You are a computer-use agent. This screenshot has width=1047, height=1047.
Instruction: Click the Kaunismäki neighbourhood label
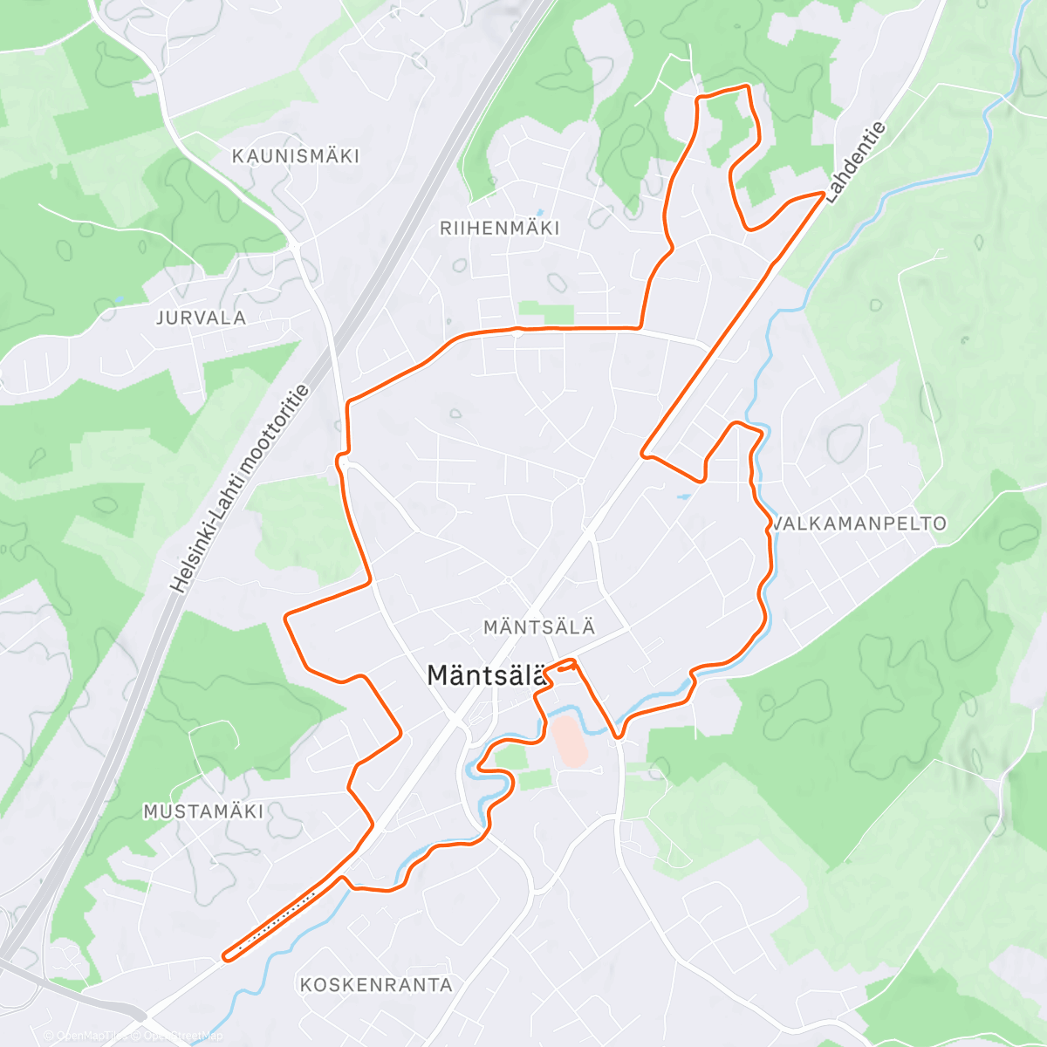point(295,156)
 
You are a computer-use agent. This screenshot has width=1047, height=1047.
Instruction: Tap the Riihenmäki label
point(500,229)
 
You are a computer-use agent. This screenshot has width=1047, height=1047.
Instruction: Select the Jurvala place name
point(201,318)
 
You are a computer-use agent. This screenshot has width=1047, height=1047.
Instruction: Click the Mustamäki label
point(203,811)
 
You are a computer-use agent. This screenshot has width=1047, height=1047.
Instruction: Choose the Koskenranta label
point(376,985)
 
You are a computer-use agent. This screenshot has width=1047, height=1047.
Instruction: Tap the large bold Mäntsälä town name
point(486,675)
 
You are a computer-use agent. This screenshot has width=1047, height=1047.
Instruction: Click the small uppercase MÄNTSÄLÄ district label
point(539,627)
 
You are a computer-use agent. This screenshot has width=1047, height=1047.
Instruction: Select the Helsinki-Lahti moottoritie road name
point(241,489)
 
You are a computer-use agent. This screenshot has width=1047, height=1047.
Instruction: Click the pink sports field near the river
point(571,741)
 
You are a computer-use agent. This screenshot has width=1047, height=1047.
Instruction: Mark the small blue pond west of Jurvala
point(118,299)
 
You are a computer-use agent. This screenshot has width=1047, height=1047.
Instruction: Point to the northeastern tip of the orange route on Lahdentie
point(823,193)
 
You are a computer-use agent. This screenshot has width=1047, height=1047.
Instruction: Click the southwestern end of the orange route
point(225,957)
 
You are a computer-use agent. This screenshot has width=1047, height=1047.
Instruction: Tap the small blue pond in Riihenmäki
point(539,212)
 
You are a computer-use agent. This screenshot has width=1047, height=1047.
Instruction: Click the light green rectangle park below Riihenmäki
point(546,312)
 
